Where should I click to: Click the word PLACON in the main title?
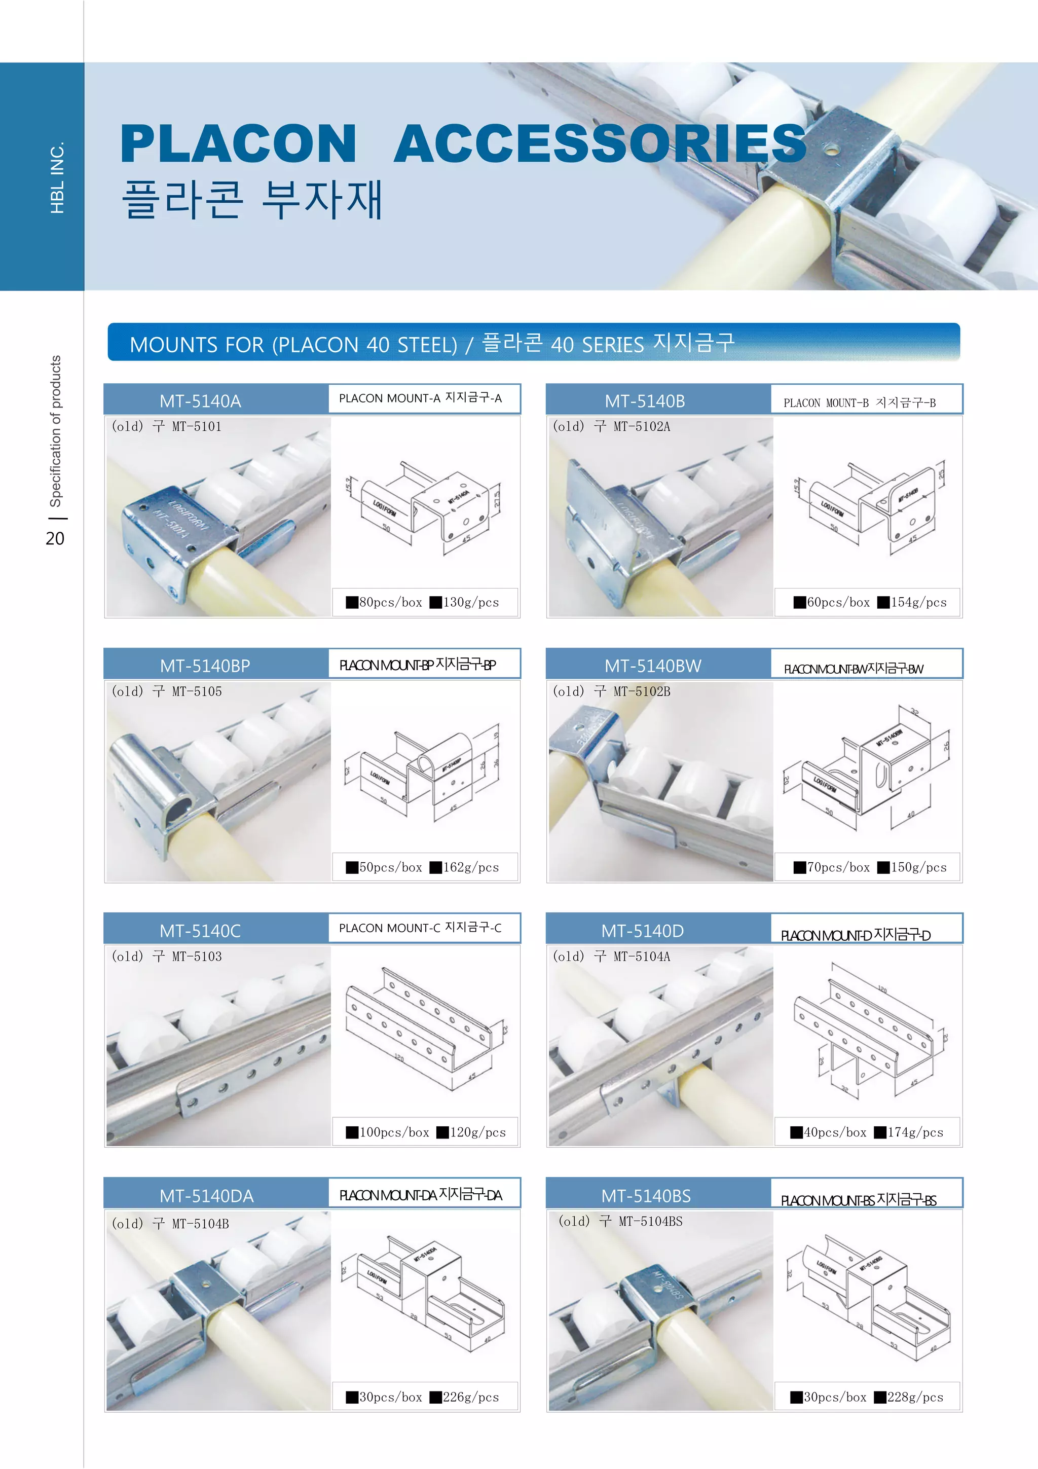[238, 144]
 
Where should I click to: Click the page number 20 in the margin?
[55, 538]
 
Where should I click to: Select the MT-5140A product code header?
[200, 401]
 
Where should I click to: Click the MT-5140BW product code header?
[652, 666]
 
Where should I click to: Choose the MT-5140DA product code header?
[207, 1196]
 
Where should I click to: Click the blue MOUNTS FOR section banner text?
[432, 344]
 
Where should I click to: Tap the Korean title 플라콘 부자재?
[252, 199]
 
